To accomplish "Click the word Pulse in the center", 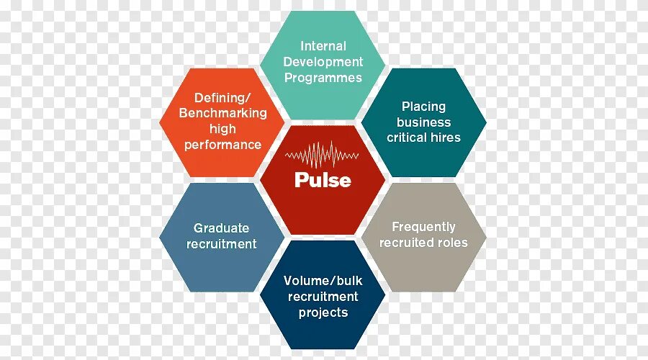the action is tap(323, 180).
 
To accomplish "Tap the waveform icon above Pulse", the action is tap(323, 155).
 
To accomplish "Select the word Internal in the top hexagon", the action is tap(323, 46).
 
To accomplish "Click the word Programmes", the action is tap(323, 78).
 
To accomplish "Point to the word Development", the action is tap(323, 62).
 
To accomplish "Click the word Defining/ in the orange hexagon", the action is tap(222, 98).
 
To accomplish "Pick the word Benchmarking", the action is tap(222, 113).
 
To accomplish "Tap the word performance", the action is tap(222, 145).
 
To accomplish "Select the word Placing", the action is tap(423, 107).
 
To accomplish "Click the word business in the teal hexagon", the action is tap(423, 122).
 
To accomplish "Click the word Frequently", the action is tap(423, 227).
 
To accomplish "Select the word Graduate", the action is tap(221, 228).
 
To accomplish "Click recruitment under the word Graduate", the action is tap(221, 244).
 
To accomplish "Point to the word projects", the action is tap(323, 312).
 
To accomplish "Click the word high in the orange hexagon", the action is tap(222, 129).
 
